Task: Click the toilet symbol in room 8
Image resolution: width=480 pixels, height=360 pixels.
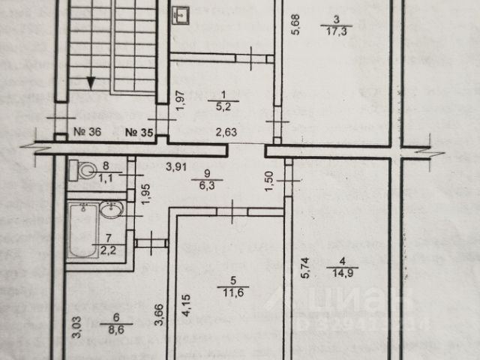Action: click(x=79, y=169)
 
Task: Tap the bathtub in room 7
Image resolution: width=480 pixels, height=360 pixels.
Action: click(x=80, y=231)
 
